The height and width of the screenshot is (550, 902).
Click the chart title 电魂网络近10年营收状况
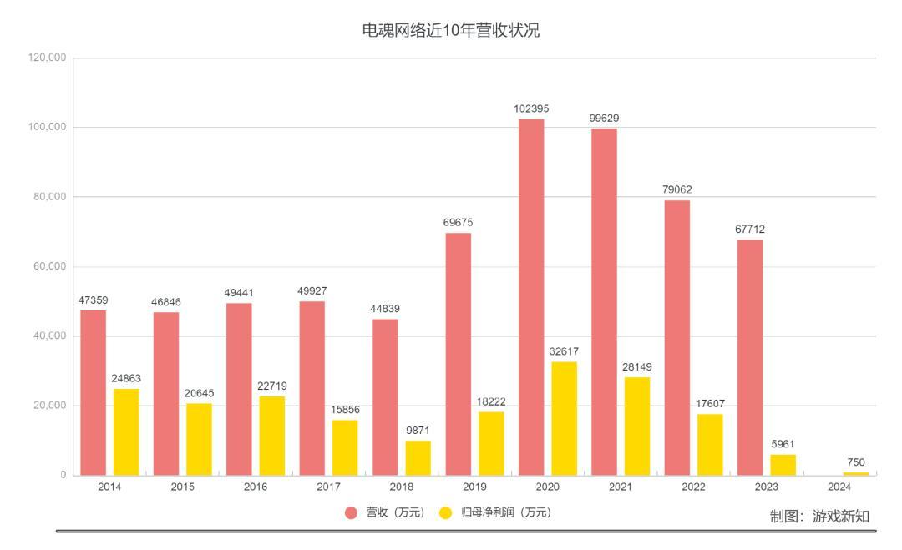(x=450, y=31)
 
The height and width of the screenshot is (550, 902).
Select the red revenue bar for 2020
(x=531, y=296)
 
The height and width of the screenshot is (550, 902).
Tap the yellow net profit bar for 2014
(x=126, y=431)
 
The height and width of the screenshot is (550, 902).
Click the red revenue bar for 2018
(x=385, y=397)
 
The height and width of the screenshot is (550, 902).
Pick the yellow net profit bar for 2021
(x=637, y=426)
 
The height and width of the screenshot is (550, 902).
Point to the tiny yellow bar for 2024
(x=856, y=473)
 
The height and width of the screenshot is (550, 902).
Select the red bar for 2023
(x=750, y=357)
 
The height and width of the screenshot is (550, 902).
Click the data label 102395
(x=531, y=109)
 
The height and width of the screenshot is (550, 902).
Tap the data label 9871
(x=418, y=431)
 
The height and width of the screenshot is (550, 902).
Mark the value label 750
(x=856, y=462)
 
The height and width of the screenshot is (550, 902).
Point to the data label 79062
(x=676, y=189)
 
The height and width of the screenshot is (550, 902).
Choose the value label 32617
(x=564, y=351)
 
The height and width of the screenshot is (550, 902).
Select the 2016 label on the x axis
(x=256, y=487)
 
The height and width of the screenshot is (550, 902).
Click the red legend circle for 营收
(x=352, y=512)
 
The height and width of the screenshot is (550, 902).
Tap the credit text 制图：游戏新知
(x=818, y=517)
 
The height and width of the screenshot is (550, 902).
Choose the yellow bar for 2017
(x=345, y=447)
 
